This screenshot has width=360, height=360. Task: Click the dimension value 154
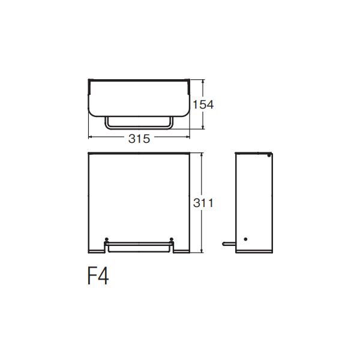click(x=203, y=104)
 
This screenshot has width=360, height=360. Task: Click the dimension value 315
click(x=139, y=139)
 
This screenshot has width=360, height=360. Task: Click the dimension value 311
click(x=203, y=203)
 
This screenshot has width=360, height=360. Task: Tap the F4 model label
click(x=98, y=276)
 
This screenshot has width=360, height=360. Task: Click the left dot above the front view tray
click(x=106, y=239)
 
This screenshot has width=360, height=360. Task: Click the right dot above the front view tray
click(x=171, y=239)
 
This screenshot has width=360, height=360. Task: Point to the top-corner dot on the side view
click(x=269, y=155)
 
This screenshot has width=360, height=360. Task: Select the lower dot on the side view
click(x=245, y=239)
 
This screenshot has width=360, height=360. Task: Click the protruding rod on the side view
click(x=229, y=244)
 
